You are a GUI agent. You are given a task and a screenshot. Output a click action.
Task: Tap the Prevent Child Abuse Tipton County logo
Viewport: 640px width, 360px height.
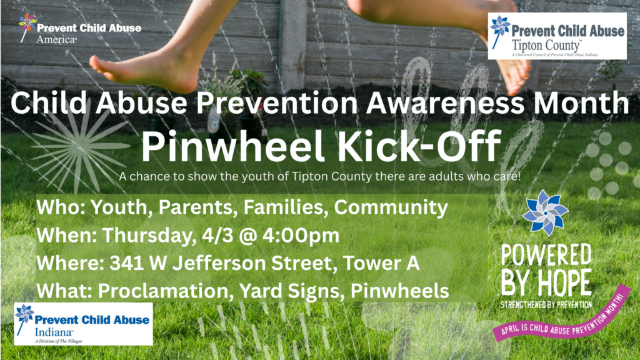557,36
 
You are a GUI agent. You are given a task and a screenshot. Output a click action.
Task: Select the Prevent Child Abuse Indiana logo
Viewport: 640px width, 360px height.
83,324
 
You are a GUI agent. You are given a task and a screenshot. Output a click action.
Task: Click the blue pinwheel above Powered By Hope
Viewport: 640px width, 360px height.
545,212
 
